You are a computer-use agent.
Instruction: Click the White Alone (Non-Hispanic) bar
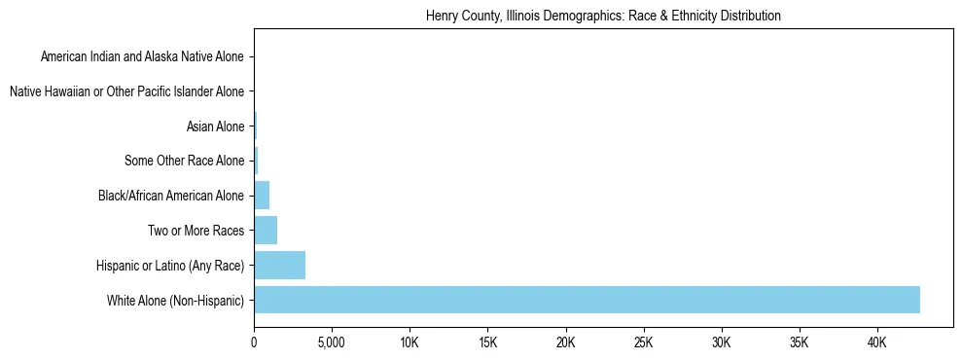(587, 300)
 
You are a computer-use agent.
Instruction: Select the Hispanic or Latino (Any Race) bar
(279, 266)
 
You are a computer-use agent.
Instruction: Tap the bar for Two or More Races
(266, 231)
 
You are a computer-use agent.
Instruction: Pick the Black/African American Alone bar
(262, 196)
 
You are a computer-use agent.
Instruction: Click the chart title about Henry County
(603, 17)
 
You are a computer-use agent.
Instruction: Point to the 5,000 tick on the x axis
(332, 343)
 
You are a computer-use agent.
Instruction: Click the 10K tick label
(410, 343)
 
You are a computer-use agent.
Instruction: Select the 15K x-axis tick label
(487, 343)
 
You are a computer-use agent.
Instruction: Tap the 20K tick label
(565, 343)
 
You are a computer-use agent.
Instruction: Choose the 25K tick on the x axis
(643, 343)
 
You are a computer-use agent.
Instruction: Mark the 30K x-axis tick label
(721, 343)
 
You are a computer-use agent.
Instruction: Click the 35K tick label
(799, 343)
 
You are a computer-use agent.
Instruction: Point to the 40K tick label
(876, 343)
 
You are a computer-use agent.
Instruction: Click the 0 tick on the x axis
(254, 343)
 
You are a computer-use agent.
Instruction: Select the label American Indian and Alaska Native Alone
(142, 57)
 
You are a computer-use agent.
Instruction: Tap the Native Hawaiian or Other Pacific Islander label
(126, 92)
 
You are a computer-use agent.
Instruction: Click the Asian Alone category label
(215, 126)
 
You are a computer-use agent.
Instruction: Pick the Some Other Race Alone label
(184, 162)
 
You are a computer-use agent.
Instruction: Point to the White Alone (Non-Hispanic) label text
(175, 301)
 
